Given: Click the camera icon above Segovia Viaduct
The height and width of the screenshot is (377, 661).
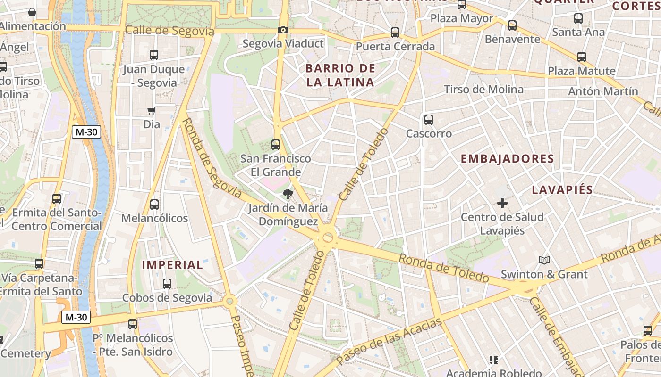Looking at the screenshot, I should tap(283, 30).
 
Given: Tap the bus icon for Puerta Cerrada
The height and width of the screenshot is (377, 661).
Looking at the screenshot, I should tap(395, 33).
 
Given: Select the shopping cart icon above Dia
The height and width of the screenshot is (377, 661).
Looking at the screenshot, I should tap(152, 111).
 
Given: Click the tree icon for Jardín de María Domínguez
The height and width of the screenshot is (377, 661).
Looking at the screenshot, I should tap(288, 194).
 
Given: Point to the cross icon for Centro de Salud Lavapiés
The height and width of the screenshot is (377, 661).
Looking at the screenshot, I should tap(502, 203).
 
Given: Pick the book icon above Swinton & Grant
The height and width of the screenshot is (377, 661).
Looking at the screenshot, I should tap(544, 260).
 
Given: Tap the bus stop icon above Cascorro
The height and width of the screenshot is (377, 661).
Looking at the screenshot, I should tap(429, 120).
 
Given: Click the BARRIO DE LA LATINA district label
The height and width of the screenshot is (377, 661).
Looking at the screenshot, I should tap(340, 75).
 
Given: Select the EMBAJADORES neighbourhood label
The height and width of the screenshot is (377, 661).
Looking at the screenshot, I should tap(507, 159).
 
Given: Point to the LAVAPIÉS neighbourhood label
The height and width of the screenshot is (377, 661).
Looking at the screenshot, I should tap(562, 190).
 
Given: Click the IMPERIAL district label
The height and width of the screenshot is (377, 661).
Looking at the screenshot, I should tap(173, 265).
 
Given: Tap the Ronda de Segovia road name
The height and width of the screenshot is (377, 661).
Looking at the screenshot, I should tap(211, 158).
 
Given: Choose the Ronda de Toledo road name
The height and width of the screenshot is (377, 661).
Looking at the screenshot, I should tap(443, 268).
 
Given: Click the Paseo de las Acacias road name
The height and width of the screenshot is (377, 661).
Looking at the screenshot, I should tap(390, 340).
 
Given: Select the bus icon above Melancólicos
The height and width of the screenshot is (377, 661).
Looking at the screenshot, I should tap(154, 205).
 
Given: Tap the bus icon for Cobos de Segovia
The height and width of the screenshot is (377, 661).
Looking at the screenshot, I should tap(167, 284).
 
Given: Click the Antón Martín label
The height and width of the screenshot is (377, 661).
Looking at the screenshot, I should tap(603, 91).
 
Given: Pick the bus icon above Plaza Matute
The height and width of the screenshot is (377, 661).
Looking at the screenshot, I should tap(582, 57).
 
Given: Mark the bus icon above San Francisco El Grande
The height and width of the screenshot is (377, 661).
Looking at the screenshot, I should tap(276, 145).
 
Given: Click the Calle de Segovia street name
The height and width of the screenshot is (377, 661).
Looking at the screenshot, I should tap(169, 31).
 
